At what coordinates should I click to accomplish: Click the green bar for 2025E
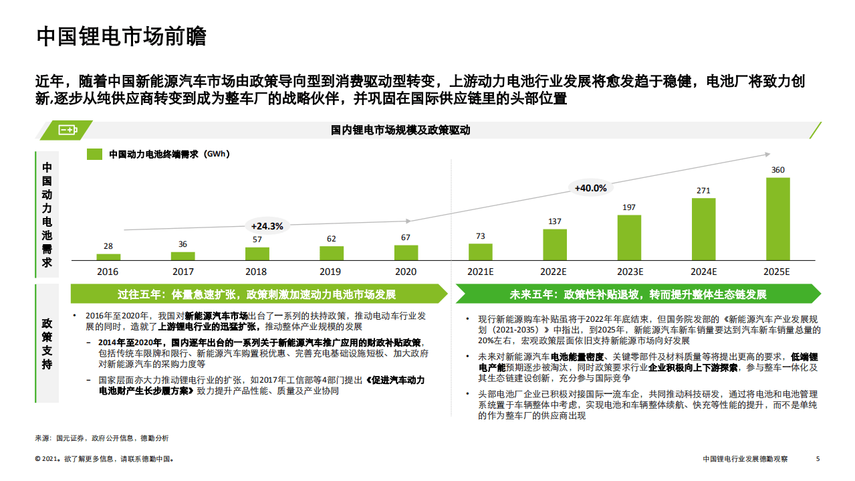coord(777,219)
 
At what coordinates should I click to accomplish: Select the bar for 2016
coord(108,257)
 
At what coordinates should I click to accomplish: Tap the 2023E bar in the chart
coord(629,237)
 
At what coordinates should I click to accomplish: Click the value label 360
coord(777,170)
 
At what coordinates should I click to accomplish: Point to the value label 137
coord(554,221)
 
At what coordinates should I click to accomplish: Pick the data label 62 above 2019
coord(332,239)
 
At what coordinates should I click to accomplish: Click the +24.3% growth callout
coord(267,226)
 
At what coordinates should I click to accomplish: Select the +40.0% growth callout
coord(590,188)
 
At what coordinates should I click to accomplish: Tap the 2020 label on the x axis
coord(406,272)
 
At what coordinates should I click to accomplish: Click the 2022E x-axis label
coord(554,272)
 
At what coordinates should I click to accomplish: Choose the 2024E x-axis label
coord(703,272)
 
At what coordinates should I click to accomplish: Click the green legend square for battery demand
coord(95,154)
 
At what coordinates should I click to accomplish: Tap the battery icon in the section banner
coord(68,130)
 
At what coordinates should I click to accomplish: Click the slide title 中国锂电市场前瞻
coord(121,36)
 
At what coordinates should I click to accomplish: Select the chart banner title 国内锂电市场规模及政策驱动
coord(400,130)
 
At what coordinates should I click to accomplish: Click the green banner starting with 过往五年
coord(257,294)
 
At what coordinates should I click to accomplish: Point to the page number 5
coord(818,459)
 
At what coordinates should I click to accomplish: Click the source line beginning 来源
coord(102,438)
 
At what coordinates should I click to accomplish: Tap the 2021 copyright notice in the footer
coord(104,460)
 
